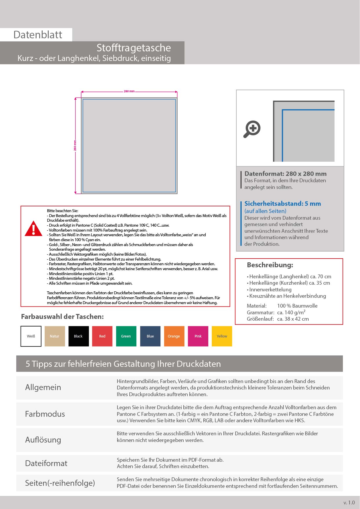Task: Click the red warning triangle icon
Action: [34, 229]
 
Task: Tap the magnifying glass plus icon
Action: [252, 129]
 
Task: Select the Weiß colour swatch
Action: [31, 336]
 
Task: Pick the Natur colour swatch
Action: [55, 336]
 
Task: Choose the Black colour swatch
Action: [79, 336]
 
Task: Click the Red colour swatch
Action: [102, 336]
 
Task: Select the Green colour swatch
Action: [126, 336]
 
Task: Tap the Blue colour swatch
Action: [150, 336]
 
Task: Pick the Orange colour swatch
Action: [174, 336]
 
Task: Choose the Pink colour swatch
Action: [198, 336]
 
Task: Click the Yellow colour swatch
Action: [222, 336]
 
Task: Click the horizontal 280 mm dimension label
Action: [129, 91]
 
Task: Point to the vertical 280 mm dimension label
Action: [75, 145]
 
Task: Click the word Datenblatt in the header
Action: [38, 35]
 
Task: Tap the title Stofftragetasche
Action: [134, 48]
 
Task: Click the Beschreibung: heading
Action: [270, 265]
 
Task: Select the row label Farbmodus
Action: [45, 414]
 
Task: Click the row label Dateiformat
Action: [46, 463]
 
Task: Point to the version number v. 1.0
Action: [349, 503]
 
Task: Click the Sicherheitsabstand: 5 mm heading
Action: [283, 204]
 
